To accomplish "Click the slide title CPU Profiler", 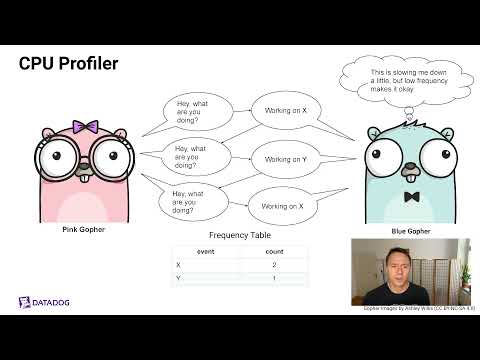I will pos(69,64).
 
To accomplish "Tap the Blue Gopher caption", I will pos(411,230).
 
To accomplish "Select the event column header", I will pos(205,252).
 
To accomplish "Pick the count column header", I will pos(273,252).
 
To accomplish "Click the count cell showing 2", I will pos(273,265).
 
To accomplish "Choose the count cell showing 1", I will pos(273,278).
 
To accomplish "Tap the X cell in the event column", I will pos(178,265).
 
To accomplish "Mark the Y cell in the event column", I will pos(178,278).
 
